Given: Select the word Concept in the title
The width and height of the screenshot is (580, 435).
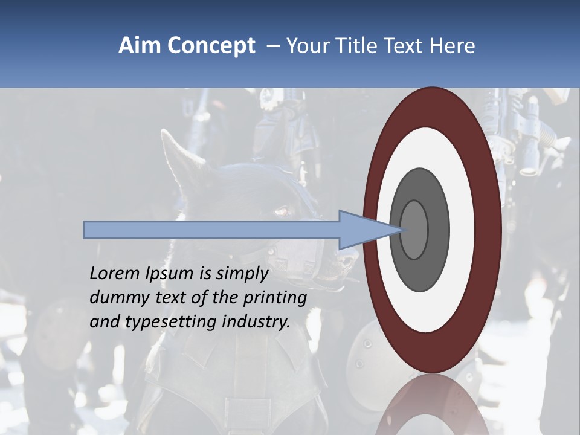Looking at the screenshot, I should coord(211,46).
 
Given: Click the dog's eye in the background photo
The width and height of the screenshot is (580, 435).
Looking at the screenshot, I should coord(282,211).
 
